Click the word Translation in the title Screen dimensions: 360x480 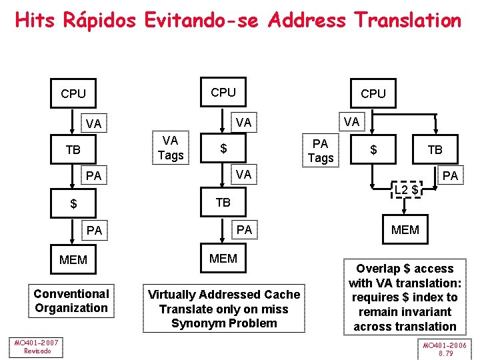[x=407, y=21]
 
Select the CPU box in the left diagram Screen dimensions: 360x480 [x=73, y=94]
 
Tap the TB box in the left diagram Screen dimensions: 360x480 [x=73, y=150]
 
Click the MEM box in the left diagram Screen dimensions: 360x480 [x=73, y=259]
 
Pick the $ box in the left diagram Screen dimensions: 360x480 [x=73, y=203]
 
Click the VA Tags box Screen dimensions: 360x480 [x=170, y=148]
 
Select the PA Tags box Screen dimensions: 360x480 [x=320, y=151]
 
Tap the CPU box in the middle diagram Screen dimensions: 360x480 [x=223, y=93]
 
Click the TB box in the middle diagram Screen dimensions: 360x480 [x=223, y=202]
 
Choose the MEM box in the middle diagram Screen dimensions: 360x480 [x=223, y=258]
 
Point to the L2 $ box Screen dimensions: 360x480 [x=405, y=190]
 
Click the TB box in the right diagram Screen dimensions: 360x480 [x=435, y=150]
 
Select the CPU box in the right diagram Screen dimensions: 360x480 [x=373, y=94]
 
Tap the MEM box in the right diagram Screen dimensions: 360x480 [x=405, y=230]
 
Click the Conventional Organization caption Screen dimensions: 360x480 [x=71, y=301]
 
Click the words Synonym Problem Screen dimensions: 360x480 [x=224, y=323]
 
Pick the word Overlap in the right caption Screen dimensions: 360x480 [x=378, y=269]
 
